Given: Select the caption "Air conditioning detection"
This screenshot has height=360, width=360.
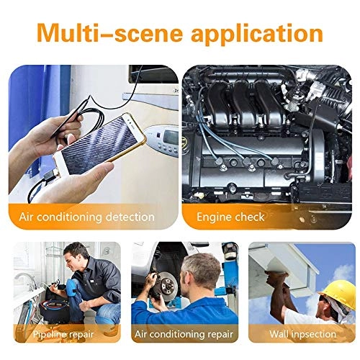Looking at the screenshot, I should (x=94, y=216).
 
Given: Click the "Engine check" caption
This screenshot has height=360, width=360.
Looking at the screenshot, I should (x=232, y=216).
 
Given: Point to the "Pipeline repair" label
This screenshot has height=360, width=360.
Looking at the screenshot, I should (x=65, y=333).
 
